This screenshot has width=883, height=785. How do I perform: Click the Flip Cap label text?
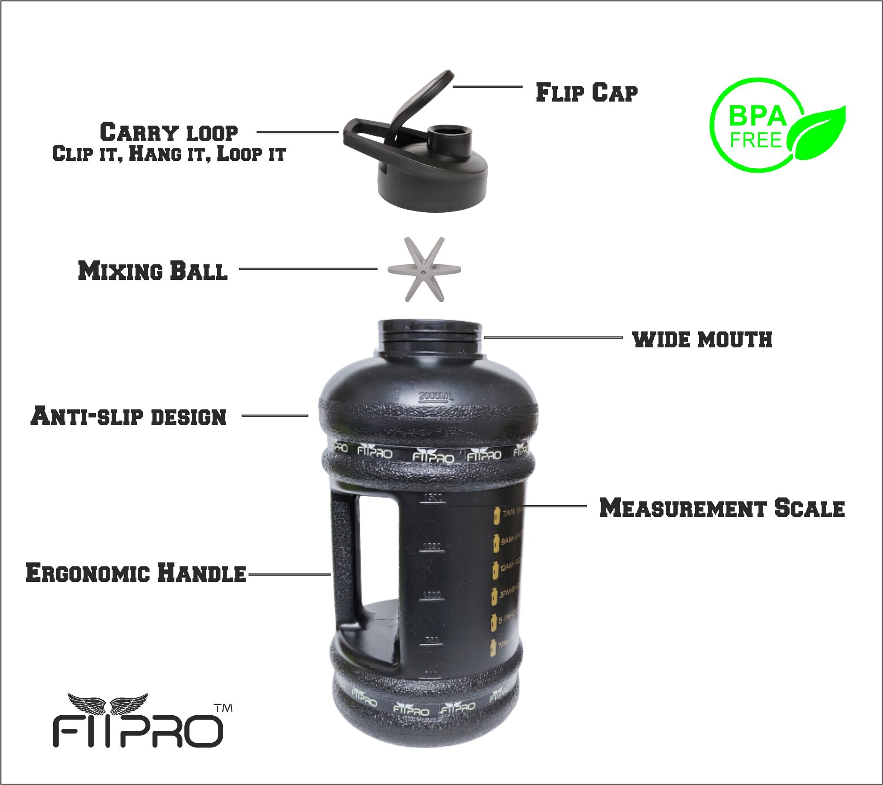coord(586,92)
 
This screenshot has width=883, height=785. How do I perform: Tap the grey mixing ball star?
coord(424,269)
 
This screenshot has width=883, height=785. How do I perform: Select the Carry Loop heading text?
coord(169,133)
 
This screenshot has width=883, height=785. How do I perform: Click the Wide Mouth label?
coord(702,339)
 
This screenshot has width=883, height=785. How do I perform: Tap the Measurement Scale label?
coord(722,508)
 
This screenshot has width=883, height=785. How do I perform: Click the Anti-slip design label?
coord(129,416)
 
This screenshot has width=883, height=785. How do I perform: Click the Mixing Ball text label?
coord(153,271)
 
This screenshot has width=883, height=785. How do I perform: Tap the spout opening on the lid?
coord(449,132)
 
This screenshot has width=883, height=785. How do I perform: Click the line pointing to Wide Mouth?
coord(553,337)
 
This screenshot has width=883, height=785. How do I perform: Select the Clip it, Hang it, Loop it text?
coord(169,154)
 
